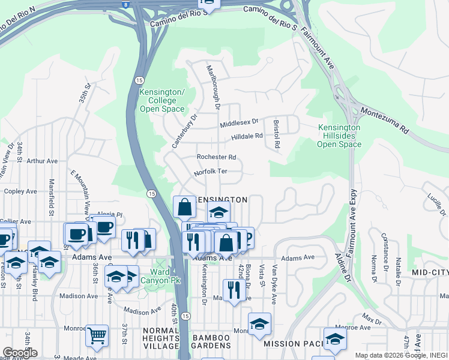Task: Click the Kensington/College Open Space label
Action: (x=161, y=100)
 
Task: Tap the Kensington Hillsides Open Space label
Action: (x=339, y=136)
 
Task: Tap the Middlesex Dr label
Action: (x=238, y=122)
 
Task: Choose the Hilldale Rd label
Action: (x=247, y=136)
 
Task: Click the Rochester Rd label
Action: (x=216, y=157)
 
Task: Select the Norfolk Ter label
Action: (x=210, y=172)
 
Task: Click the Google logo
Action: (x=19, y=352)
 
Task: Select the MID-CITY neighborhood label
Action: (x=430, y=272)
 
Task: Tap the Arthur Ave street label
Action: (x=42, y=161)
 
